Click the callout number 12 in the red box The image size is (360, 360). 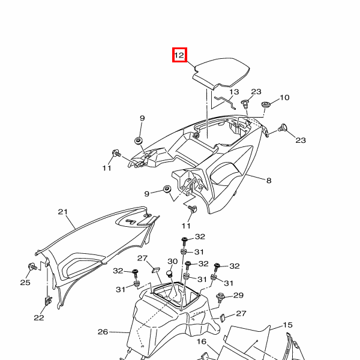(x=179, y=55)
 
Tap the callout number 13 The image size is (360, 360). (x=234, y=92)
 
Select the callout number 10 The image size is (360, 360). (x=284, y=98)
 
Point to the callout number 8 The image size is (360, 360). (x=269, y=181)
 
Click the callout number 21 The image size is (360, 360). (x=62, y=212)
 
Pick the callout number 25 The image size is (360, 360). (x=25, y=283)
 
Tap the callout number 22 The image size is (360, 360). (x=39, y=318)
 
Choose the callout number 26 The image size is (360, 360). (x=103, y=332)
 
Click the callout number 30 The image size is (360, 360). (x=172, y=262)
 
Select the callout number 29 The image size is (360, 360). (x=239, y=295)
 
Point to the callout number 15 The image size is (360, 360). (x=287, y=325)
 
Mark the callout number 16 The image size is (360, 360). (x=202, y=341)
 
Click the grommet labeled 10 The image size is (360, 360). (x=266, y=105)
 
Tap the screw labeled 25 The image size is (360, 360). (x=32, y=267)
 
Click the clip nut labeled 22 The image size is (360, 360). (x=48, y=301)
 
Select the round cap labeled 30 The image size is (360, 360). (x=170, y=274)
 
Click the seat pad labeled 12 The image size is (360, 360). (x=221, y=73)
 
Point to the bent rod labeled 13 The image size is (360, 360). (x=226, y=102)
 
